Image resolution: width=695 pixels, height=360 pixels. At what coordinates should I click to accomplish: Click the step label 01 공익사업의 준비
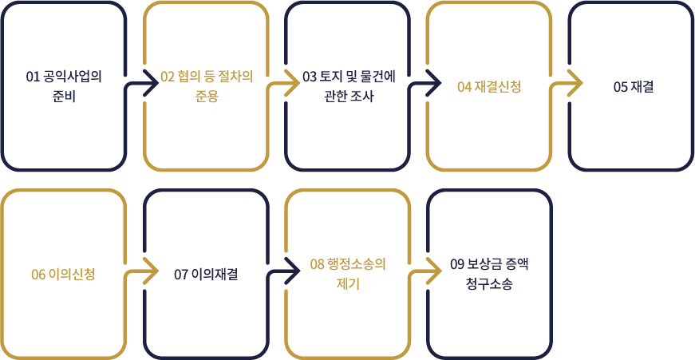point(65,86)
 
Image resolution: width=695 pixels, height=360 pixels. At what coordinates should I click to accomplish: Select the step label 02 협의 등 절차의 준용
point(206,86)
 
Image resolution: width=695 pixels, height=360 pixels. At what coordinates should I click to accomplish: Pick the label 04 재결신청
point(488,86)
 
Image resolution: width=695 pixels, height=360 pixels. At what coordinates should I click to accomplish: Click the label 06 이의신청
point(64,275)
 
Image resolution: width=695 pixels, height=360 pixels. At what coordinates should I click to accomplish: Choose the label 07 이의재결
point(206,275)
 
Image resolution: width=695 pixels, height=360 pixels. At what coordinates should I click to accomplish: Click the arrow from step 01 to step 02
point(144,84)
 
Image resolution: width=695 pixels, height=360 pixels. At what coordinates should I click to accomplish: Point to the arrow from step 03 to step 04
point(426,84)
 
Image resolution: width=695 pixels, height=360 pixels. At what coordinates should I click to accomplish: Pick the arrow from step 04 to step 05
point(567,84)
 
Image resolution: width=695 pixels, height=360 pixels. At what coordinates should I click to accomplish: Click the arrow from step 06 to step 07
point(144,272)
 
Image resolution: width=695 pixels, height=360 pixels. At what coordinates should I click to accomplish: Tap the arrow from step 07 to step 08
point(285,272)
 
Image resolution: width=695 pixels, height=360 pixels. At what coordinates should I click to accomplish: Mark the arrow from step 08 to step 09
point(426,272)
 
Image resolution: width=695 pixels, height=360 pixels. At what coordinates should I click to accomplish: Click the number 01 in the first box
point(33,77)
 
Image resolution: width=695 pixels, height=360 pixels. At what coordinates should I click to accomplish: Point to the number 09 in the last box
point(456,264)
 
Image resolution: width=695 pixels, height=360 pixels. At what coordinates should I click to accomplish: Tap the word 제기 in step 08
point(348,283)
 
